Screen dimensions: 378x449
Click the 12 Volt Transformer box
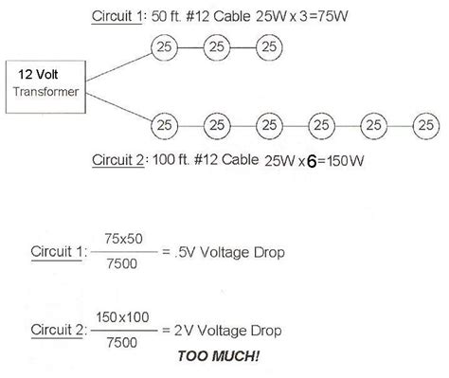pyautogui.click(x=47, y=83)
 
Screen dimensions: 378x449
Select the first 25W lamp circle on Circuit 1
pyautogui.click(x=166, y=46)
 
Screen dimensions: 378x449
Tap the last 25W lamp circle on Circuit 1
pyautogui.click(x=270, y=46)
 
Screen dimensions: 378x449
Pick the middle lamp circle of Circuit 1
pyautogui.click(x=218, y=46)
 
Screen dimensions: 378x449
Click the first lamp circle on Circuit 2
pyautogui.click(x=166, y=123)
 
